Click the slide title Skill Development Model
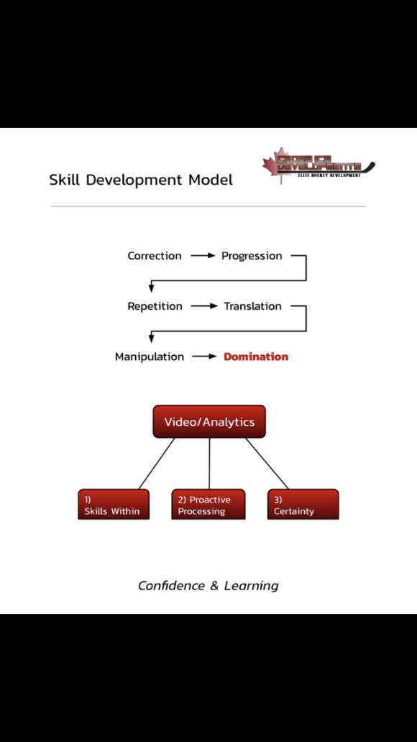click(141, 180)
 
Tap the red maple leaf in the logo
click(274, 165)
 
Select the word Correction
click(155, 256)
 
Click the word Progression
click(252, 256)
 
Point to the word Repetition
click(155, 306)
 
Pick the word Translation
click(252, 306)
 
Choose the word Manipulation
click(150, 357)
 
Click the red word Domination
click(256, 357)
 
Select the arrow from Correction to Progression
click(202, 256)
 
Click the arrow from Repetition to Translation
click(203, 306)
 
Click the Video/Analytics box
click(209, 422)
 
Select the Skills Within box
click(114, 505)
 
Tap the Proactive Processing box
click(208, 505)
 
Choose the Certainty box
click(303, 505)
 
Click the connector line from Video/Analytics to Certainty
click(267, 464)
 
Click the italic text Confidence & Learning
click(208, 585)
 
